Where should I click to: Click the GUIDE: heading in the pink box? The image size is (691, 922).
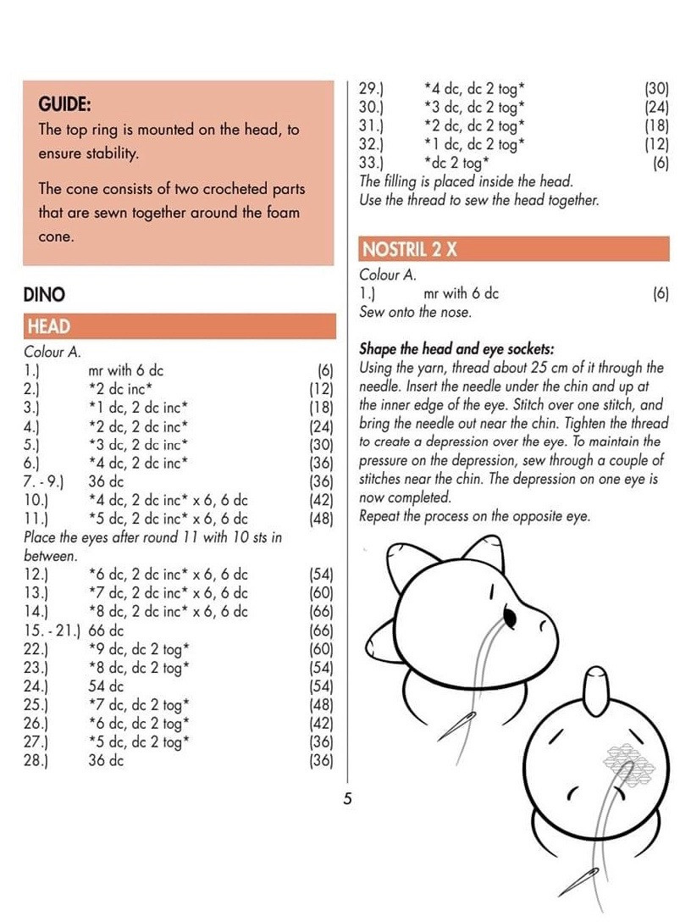click(x=65, y=104)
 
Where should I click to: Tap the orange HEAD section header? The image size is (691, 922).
click(x=48, y=326)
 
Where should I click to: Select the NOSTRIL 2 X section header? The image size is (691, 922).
click(x=409, y=249)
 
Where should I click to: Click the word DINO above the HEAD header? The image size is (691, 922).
click(x=45, y=294)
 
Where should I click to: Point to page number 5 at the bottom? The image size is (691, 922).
click(x=347, y=797)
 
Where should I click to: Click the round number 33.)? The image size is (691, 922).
click(x=372, y=162)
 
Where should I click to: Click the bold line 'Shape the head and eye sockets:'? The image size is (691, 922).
click(x=456, y=348)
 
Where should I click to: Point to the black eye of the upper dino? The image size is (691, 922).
click(x=509, y=614)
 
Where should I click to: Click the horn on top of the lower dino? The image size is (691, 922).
click(x=596, y=688)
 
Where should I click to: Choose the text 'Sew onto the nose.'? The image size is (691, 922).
click(x=415, y=312)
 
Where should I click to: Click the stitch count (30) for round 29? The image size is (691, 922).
click(x=656, y=87)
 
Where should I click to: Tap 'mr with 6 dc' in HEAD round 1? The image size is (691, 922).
click(x=126, y=369)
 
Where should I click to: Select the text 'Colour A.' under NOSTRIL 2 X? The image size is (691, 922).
click(x=388, y=275)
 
